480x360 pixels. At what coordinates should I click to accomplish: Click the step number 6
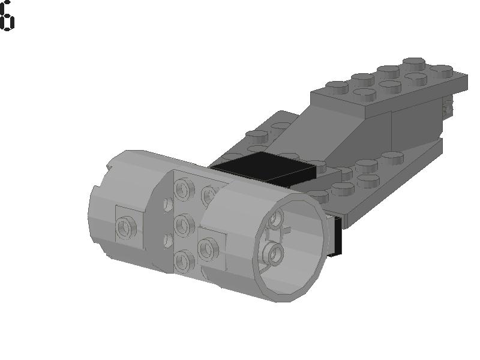[7, 16]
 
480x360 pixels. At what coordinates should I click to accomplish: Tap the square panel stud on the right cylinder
[208, 248]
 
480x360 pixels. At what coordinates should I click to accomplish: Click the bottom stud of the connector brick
[183, 259]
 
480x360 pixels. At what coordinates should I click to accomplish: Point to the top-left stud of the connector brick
[183, 190]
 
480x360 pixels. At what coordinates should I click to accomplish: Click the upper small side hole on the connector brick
[167, 205]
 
